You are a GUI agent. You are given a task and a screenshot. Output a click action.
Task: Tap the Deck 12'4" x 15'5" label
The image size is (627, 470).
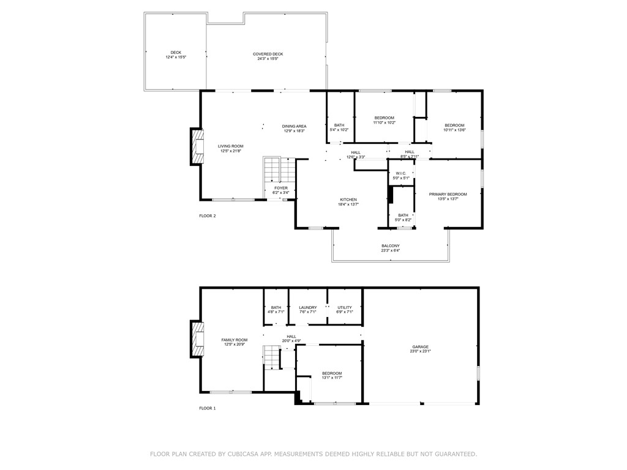coord(176,55)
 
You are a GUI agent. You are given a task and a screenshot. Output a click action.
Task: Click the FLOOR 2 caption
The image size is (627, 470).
coord(208,215)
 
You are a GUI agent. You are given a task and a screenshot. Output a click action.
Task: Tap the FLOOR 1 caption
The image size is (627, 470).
coord(208,408)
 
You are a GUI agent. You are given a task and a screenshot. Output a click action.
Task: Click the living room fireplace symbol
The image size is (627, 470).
coord(197,147)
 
